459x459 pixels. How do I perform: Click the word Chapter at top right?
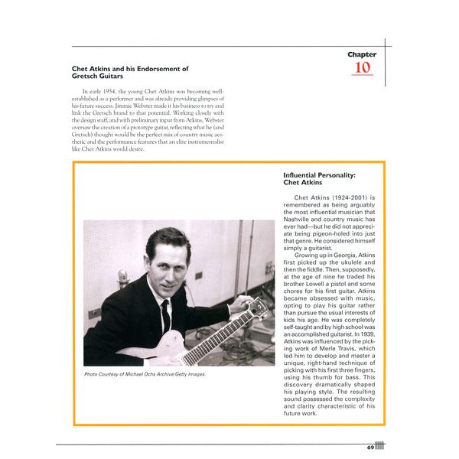362,54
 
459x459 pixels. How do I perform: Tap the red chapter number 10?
362,68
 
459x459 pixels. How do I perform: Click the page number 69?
369,447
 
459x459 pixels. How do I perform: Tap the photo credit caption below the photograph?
146,374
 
